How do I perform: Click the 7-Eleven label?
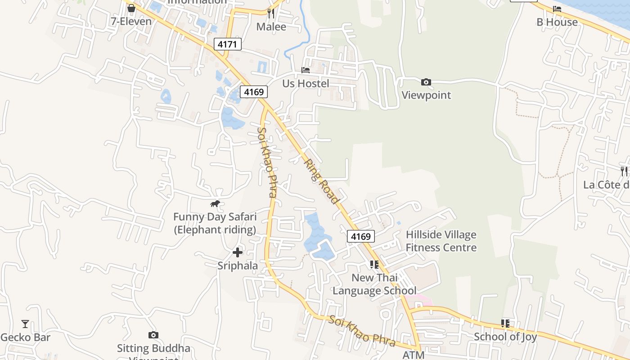[x=131, y=21]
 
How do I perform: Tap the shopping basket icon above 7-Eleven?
[x=131, y=8]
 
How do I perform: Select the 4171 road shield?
[x=228, y=44]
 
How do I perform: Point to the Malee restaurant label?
[x=271, y=27]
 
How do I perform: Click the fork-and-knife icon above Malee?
[x=271, y=13]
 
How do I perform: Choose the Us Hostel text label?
[x=306, y=83]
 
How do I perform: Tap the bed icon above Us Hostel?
[x=306, y=70]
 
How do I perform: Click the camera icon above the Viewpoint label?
[x=426, y=82]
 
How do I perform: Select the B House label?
[x=557, y=22]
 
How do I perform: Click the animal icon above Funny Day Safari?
[x=215, y=204]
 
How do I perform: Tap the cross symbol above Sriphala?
[x=238, y=252]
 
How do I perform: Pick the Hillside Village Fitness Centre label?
[x=441, y=241]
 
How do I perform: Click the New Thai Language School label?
[x=374, y=284]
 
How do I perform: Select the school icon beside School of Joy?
[x=505, y=324]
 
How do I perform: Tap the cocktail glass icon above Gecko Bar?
[x=25, y=324]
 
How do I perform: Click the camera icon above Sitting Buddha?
[x=153, y=335]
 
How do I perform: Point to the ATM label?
[x=413, y=355]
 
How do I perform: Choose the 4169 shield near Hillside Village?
[x=360, y=236]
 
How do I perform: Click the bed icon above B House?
[x=557, y=9]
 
